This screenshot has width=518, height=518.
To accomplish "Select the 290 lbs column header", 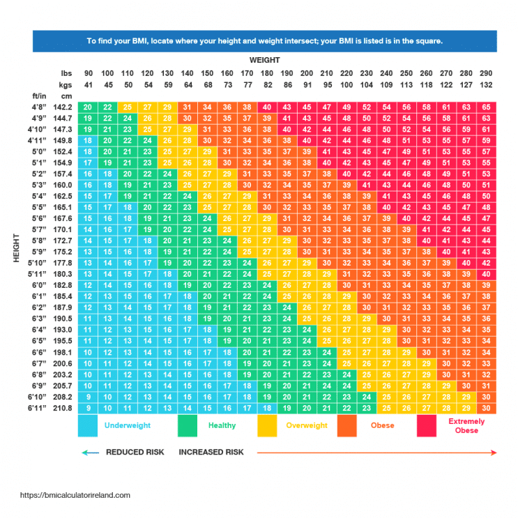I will pyautogui.click(x=486, y=74).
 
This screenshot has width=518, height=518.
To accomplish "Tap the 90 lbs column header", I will pyautogui.click(x=88, y=74).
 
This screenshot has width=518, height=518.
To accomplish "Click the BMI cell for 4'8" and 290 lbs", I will pyautogui.click(x=486, y=107).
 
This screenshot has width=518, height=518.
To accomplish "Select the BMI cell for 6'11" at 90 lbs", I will pyautogui.click(x=88, y=408).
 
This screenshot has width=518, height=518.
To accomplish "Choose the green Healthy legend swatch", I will pyautogui.click(x=187, y=425).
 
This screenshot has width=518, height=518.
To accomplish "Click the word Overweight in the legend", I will pyautogui.click(x=307, y=425).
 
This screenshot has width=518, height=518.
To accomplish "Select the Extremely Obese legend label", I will pyautogui.click(x=466, y=426).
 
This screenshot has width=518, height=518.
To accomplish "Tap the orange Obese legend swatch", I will pyautogui.click(x=346, y=425).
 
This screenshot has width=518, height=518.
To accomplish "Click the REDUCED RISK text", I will pyautogui.click(x=135, y=452).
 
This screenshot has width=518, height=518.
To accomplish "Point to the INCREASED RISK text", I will pyautogui.click(x=211, y=452).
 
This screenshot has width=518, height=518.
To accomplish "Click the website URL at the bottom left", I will pyautogui.click(x=75, y=495).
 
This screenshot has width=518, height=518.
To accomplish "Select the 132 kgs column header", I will pyautogui.click(x=486, y=84).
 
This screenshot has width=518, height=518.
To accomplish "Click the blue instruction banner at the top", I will pyautogui.click(x=264, y=41).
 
